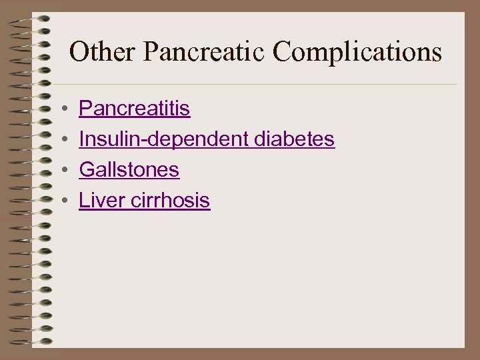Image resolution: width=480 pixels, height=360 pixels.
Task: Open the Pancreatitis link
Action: point(135,109)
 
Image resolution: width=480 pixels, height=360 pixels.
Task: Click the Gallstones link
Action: point(129,170)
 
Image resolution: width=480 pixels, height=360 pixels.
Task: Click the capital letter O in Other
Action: point(79,51)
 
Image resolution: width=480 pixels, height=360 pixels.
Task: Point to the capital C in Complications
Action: point(285,51)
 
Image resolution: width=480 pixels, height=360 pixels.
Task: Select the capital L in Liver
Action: point(83,201)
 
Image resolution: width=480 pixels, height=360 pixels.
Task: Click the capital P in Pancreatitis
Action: point(85,109)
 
